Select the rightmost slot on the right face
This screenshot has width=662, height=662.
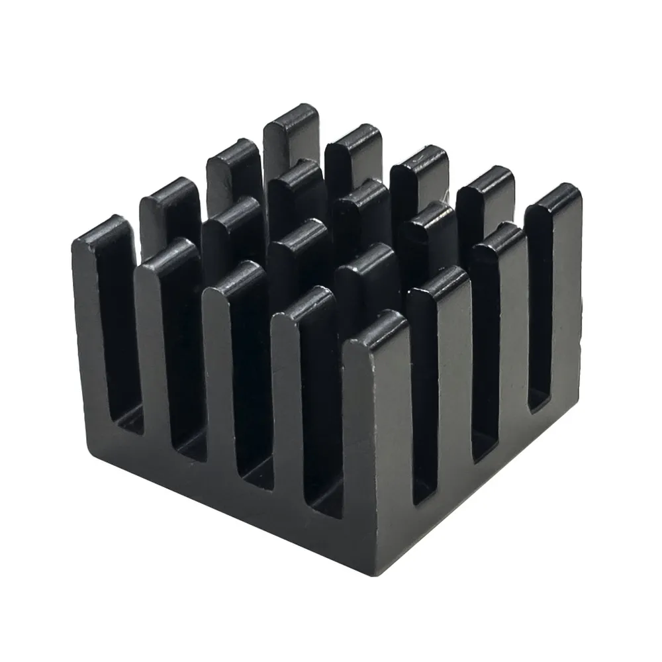click(x=540, y=318)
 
